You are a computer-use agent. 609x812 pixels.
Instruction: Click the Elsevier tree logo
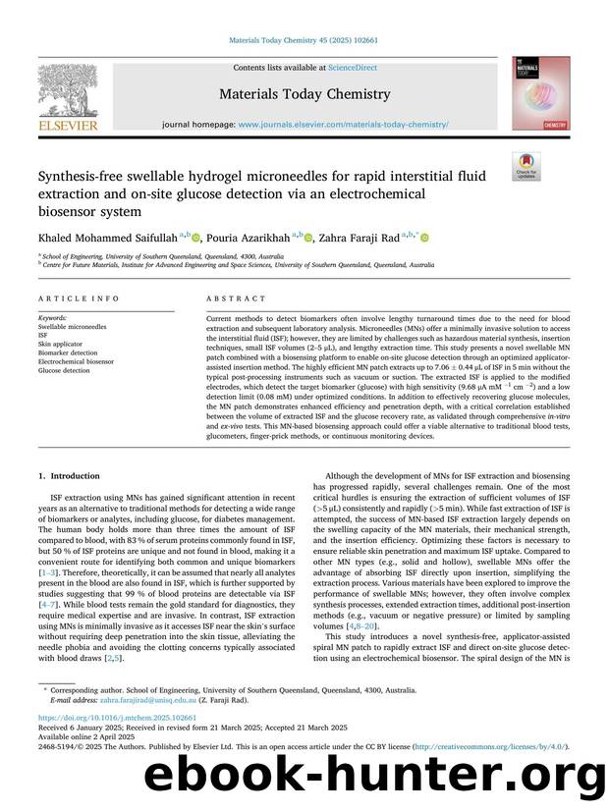pos(68,89)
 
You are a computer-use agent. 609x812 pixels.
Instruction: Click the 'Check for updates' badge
pos(526,166)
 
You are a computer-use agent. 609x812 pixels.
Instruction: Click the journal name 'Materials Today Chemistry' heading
pos(304,94)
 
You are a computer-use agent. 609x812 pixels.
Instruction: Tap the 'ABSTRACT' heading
pos(237,298)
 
